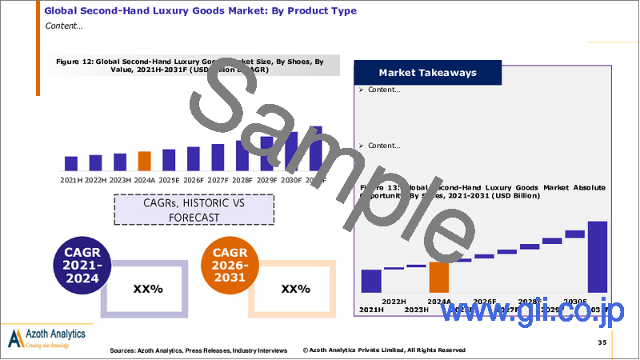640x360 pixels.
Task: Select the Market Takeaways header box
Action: [x=428, y=73]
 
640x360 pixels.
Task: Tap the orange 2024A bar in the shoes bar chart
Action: [x=144, y=161]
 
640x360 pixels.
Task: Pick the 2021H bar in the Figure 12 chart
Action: [x=70, y=163]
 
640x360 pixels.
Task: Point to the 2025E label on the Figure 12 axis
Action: [x=169, y=179]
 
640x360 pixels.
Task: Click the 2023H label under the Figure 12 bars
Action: [x=120, y=179]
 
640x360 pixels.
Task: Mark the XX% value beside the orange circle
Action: [x=294, y=288]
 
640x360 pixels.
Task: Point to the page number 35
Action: [x=601, y=342]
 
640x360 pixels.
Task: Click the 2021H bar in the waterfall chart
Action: [x=371, y=281]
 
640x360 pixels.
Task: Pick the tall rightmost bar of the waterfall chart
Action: [x=598, y=256]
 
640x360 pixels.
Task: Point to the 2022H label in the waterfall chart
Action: [x=393, y=301]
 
